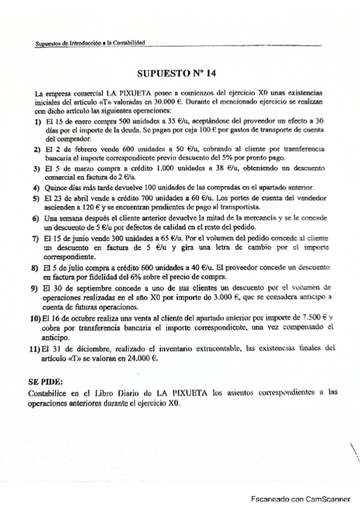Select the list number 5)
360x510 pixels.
37,197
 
